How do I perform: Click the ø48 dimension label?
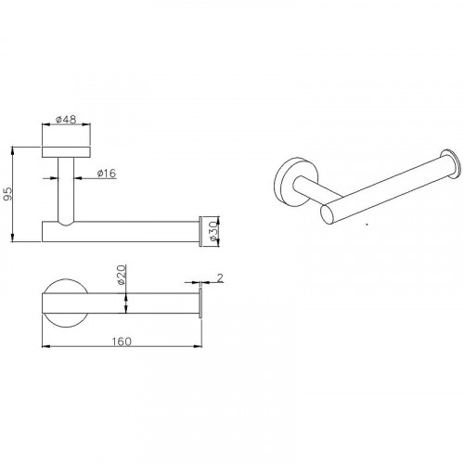pyautogui.click(x=66, y=119)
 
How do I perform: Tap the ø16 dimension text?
pyautogui.click(x=107, y=173)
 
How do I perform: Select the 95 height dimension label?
pyautogui.click(x=7, y=194)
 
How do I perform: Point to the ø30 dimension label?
pyautogui.click(x=213, y=231)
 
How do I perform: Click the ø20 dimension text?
pyautogui.click(x=122, y=275)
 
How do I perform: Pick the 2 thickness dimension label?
pyautogui.click(x=220, y=277)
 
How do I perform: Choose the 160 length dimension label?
pyautogui.click(x=122, y=342)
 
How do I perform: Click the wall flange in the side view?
pyautogui.click(x=66, y=152)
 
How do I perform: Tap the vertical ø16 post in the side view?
pyautogui.click(x=66, y=191)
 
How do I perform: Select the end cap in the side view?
pyautogui.click(x=200, y=231)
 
